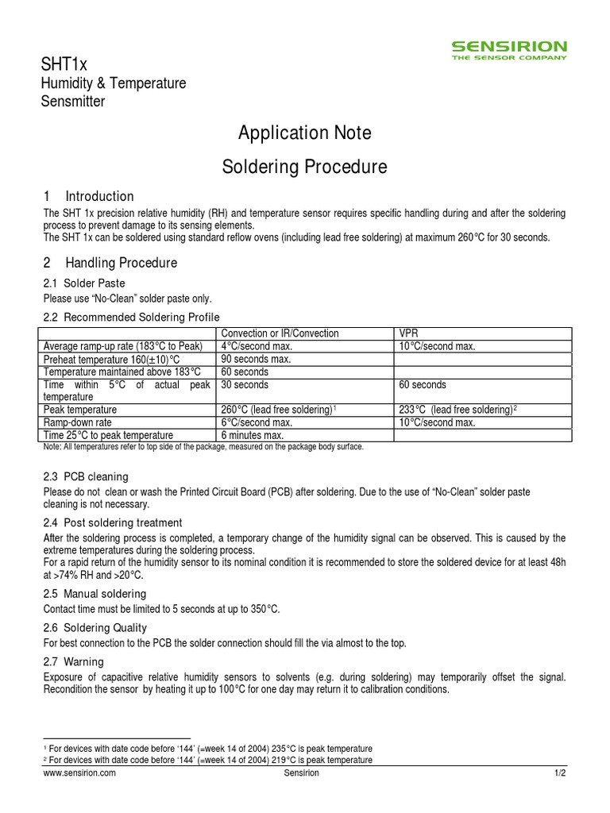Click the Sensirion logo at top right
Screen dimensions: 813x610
(x=509, y=50)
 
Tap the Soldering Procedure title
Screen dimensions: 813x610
(x=305, y=168)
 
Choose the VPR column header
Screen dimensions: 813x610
(x=407, y=333)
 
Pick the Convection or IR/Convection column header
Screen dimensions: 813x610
(x=280, y=333)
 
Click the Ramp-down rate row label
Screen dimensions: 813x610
(x=78, y=422)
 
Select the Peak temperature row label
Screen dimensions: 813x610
(x=79, y=410)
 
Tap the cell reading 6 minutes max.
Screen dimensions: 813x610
(x=253, y=435)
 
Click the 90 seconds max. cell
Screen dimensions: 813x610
(x=257, y=359)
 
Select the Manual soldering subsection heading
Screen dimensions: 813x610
(x=104, y=594)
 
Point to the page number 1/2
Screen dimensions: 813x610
(x=559, y=773)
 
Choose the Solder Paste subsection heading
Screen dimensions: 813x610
(x=94, y=283)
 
